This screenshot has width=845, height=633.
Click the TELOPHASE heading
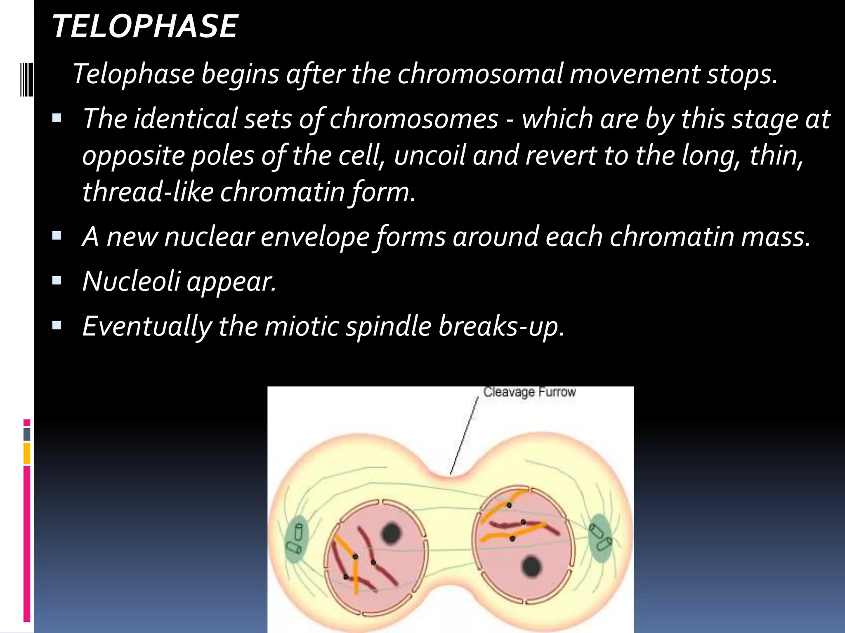tap(145, 26)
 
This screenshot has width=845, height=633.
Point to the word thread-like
tap(148, 192)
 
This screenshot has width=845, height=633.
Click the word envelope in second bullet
tap(314, 237)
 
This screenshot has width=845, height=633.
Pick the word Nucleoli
tap(131, 281)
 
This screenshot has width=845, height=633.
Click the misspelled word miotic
tap(302, 326)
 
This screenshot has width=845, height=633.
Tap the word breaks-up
tap(501, 326)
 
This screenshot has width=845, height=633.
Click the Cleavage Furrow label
tap(529, 392)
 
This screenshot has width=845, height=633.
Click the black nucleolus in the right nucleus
tap(531, 567)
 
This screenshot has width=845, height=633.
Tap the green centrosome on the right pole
tap(600, 538)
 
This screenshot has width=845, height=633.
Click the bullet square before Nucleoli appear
tap(57, 281)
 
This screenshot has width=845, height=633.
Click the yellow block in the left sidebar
tap(27, 453)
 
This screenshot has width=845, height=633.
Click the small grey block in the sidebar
tap(27, 434)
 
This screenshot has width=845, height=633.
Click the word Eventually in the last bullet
tap(147, 326)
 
